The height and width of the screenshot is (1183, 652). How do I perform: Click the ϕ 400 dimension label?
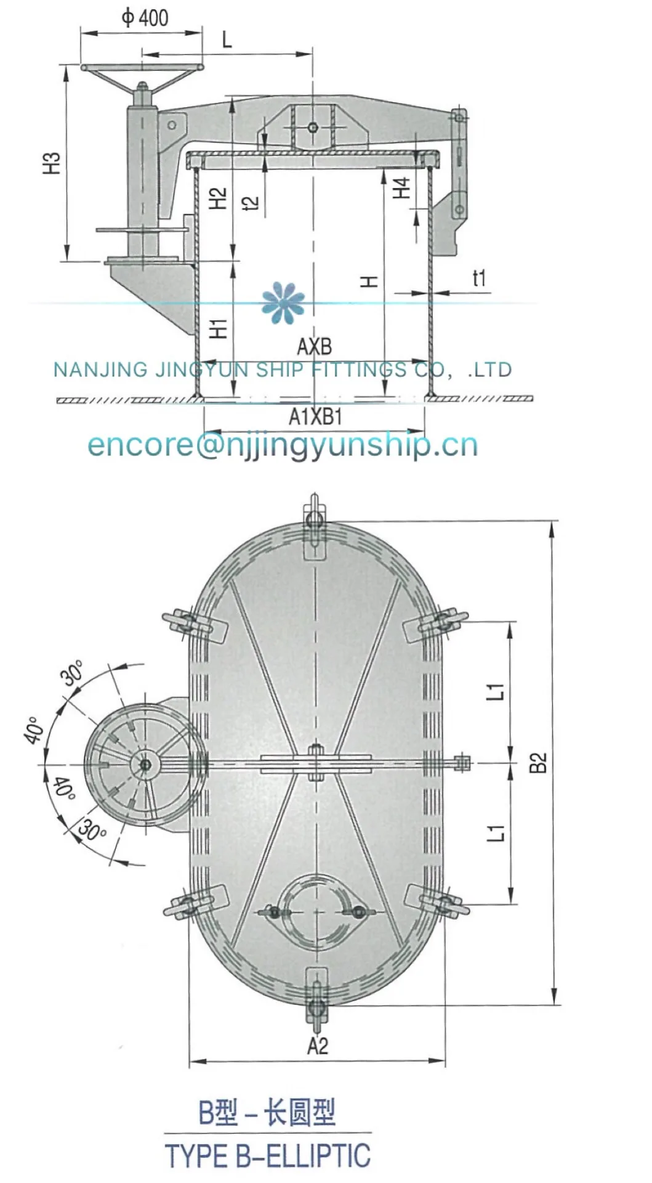tap(145, 17)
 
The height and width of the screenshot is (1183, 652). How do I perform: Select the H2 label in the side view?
tap(218, 198)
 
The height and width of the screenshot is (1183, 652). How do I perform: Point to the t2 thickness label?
tap(251, 203)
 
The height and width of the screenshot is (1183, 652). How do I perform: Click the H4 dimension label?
tap(401, 187)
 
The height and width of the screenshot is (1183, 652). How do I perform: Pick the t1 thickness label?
tap(479, 278)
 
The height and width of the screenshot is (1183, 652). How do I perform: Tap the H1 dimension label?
tap(219, 328)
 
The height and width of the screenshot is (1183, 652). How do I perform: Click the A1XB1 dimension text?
tap(315, 417)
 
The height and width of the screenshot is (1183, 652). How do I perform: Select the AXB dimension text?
tap(315, 347)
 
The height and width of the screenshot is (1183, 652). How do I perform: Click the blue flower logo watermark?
tap(283, 303)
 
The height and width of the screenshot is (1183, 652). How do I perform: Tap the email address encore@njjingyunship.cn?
tap(283, 445)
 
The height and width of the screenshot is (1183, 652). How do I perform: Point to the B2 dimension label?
tap(537, 762)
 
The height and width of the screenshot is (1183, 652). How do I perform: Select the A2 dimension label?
tap(318, 1046)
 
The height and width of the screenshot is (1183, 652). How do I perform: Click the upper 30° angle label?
tap(73, 673)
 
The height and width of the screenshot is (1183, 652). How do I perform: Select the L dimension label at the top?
tap(227, 40)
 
